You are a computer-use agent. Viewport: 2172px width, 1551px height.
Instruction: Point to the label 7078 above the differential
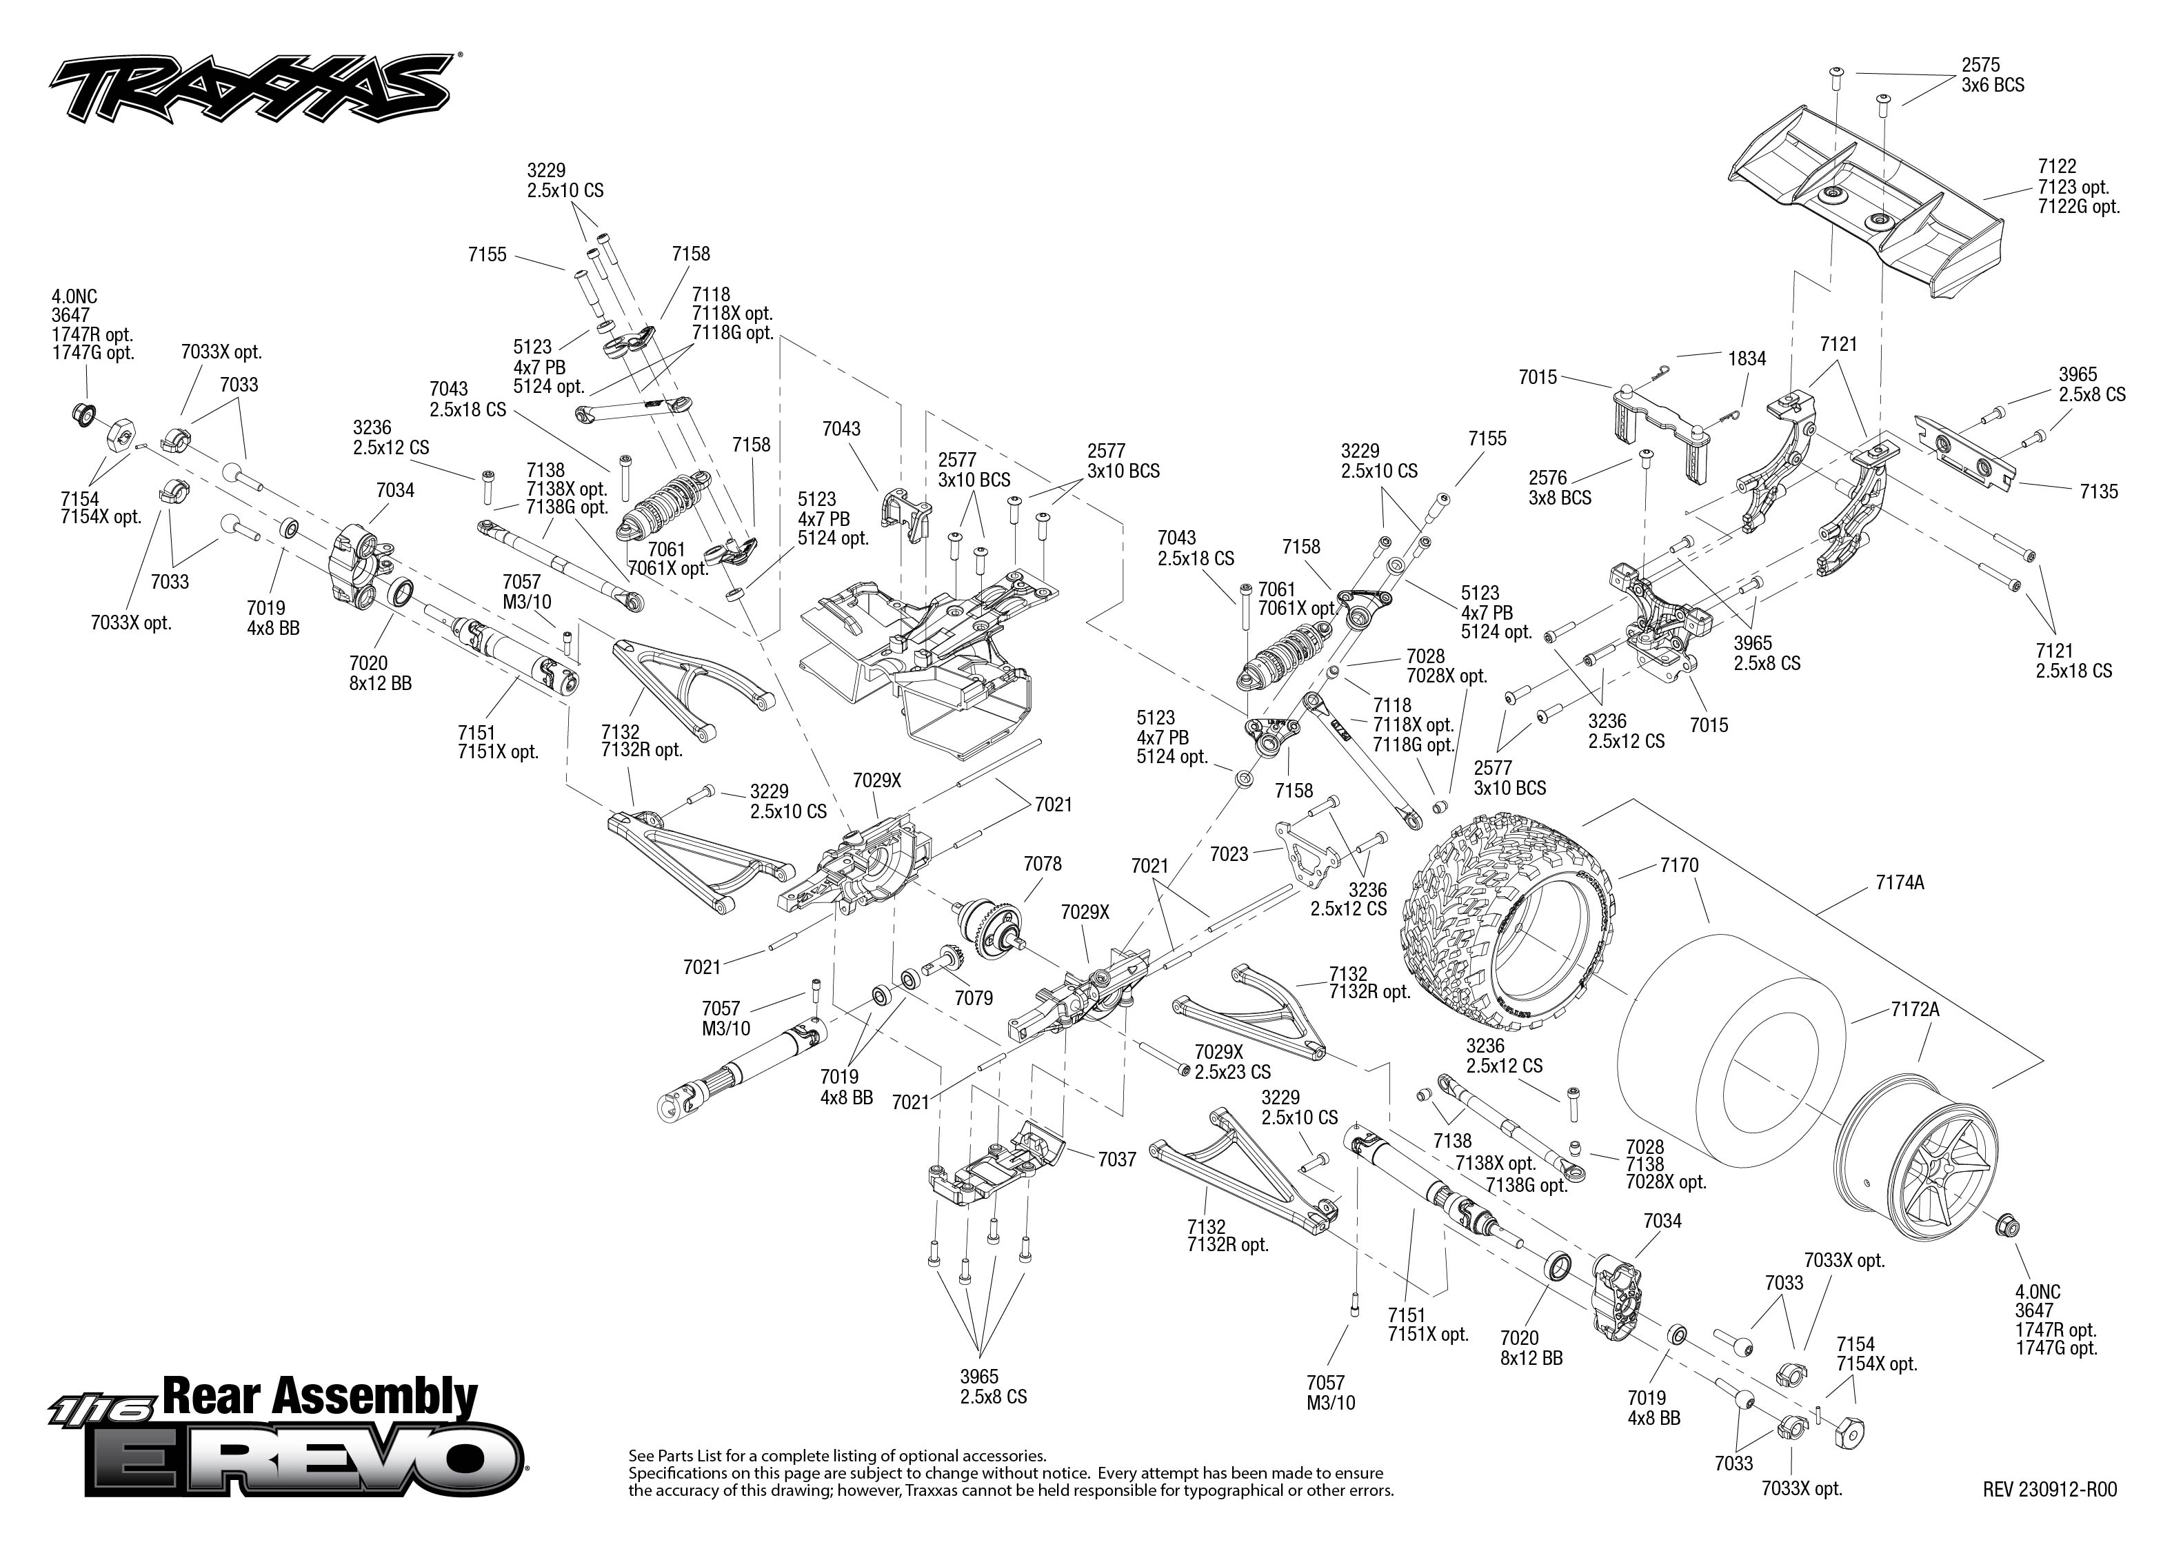[x=1042, y=863]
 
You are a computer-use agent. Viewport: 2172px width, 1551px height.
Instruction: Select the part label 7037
[x=1116, y=1159]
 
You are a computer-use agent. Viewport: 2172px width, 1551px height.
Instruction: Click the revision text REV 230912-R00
[x=2049, y=1490]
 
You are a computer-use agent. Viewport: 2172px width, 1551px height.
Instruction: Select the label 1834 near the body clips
[x=1747, y=358]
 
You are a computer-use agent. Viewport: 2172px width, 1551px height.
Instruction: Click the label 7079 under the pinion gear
[x=974, y=998]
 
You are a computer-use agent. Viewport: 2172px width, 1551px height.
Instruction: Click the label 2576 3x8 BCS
[x=1560, y=487]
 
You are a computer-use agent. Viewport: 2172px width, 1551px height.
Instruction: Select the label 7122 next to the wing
[x=2056, y=166]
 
